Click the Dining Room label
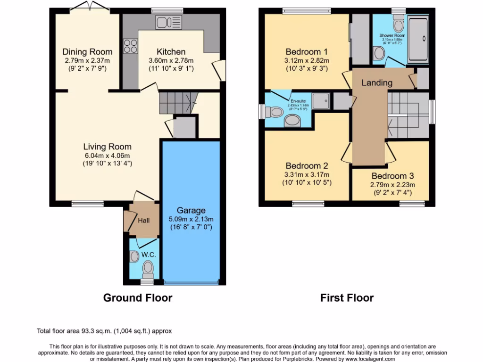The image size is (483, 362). [x=87, y=51]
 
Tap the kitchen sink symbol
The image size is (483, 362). [x=168, y=22]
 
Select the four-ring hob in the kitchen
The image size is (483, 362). [x=130, y=46]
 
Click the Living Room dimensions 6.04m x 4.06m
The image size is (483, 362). [x=108, y=155]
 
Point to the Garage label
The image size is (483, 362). [x=191, y=210]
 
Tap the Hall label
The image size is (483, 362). [x=144, y=220]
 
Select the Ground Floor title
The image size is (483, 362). [x=138, y=298]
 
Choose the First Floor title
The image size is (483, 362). [x=347, y=298]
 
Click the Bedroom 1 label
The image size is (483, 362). [x=307, y=51]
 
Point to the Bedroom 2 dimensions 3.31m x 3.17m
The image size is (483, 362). [x=307, y=174]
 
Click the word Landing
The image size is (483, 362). [x=377, y=82]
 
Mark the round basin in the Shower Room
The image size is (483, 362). [x=379, y=54]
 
